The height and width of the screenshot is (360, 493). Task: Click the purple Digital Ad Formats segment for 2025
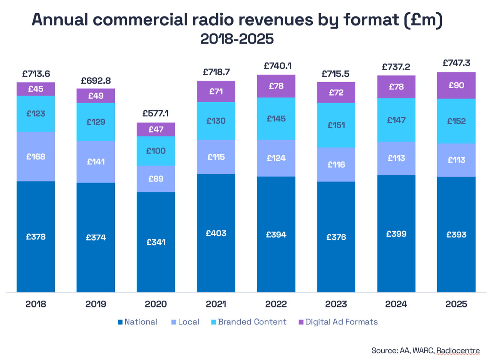pos(456,85)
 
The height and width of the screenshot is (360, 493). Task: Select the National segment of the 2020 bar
pos(156,242)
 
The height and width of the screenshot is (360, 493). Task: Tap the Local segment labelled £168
pos(36,156)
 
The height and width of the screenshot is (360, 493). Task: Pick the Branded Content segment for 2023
pos(336,125)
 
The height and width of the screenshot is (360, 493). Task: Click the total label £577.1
pos(156,113)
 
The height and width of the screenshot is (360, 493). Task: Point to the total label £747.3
pos(456,63)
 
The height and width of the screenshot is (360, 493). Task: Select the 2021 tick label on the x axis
pos(216,304)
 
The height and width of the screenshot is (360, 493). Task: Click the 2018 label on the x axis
pos(36,304)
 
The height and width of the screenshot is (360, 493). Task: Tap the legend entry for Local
pos(185,322)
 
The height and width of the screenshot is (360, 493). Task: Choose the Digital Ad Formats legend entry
pos(338,322)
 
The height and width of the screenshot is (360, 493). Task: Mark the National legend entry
pos(137,322)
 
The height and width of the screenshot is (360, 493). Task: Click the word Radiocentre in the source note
pos(458,351)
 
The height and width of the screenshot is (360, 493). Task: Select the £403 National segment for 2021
pos(216,233)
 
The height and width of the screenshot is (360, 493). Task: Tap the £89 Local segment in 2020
pos(156,179)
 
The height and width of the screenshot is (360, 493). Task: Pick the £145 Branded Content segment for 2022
pos(276,118)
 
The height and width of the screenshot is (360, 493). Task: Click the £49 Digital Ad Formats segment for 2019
pos(96,96)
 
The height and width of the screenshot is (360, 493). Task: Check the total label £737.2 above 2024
pos(396,67)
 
